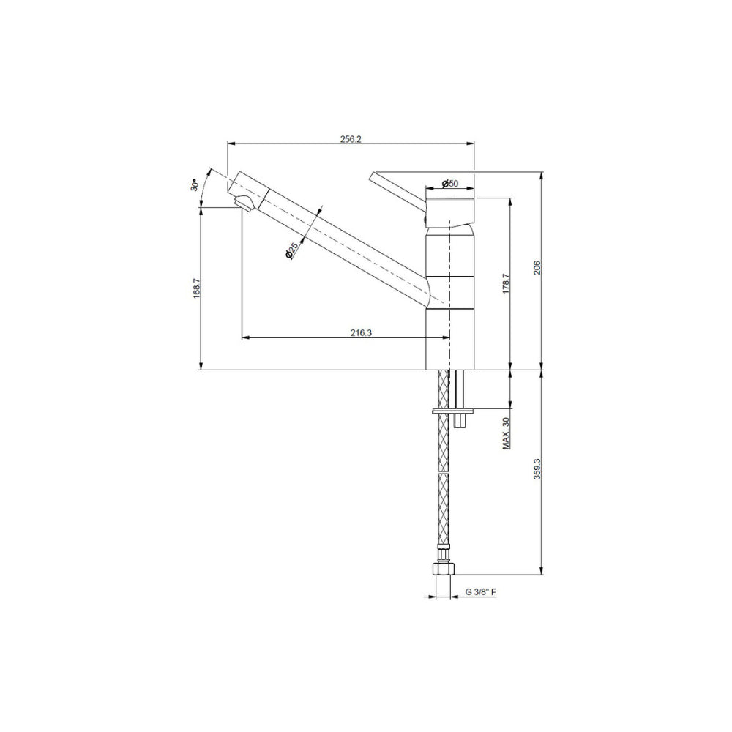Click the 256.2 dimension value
click(351, 139)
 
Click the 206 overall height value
click(537, 268)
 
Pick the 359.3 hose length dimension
click(537, 473)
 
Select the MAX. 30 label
click(506, 433)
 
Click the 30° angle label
click(194, 184)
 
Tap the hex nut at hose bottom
click(442, 570)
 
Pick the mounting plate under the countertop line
click(454, 411)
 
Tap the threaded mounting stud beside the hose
click(459, 395)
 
